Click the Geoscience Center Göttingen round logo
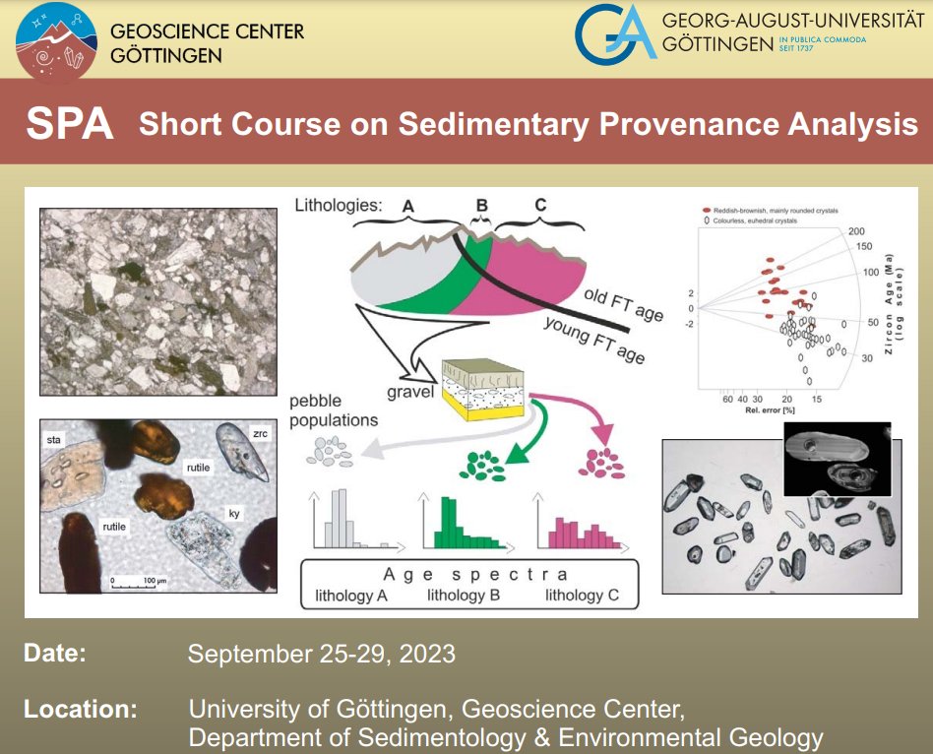pos(57,42)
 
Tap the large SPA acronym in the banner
pos(70,125)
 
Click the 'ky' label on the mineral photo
pos(235,512)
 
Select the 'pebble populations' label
pos(334,411)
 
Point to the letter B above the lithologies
pos(481,206)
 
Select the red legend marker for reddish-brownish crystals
pos(706,211)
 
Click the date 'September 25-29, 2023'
pos(322,654)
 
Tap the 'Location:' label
pos(81,709)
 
